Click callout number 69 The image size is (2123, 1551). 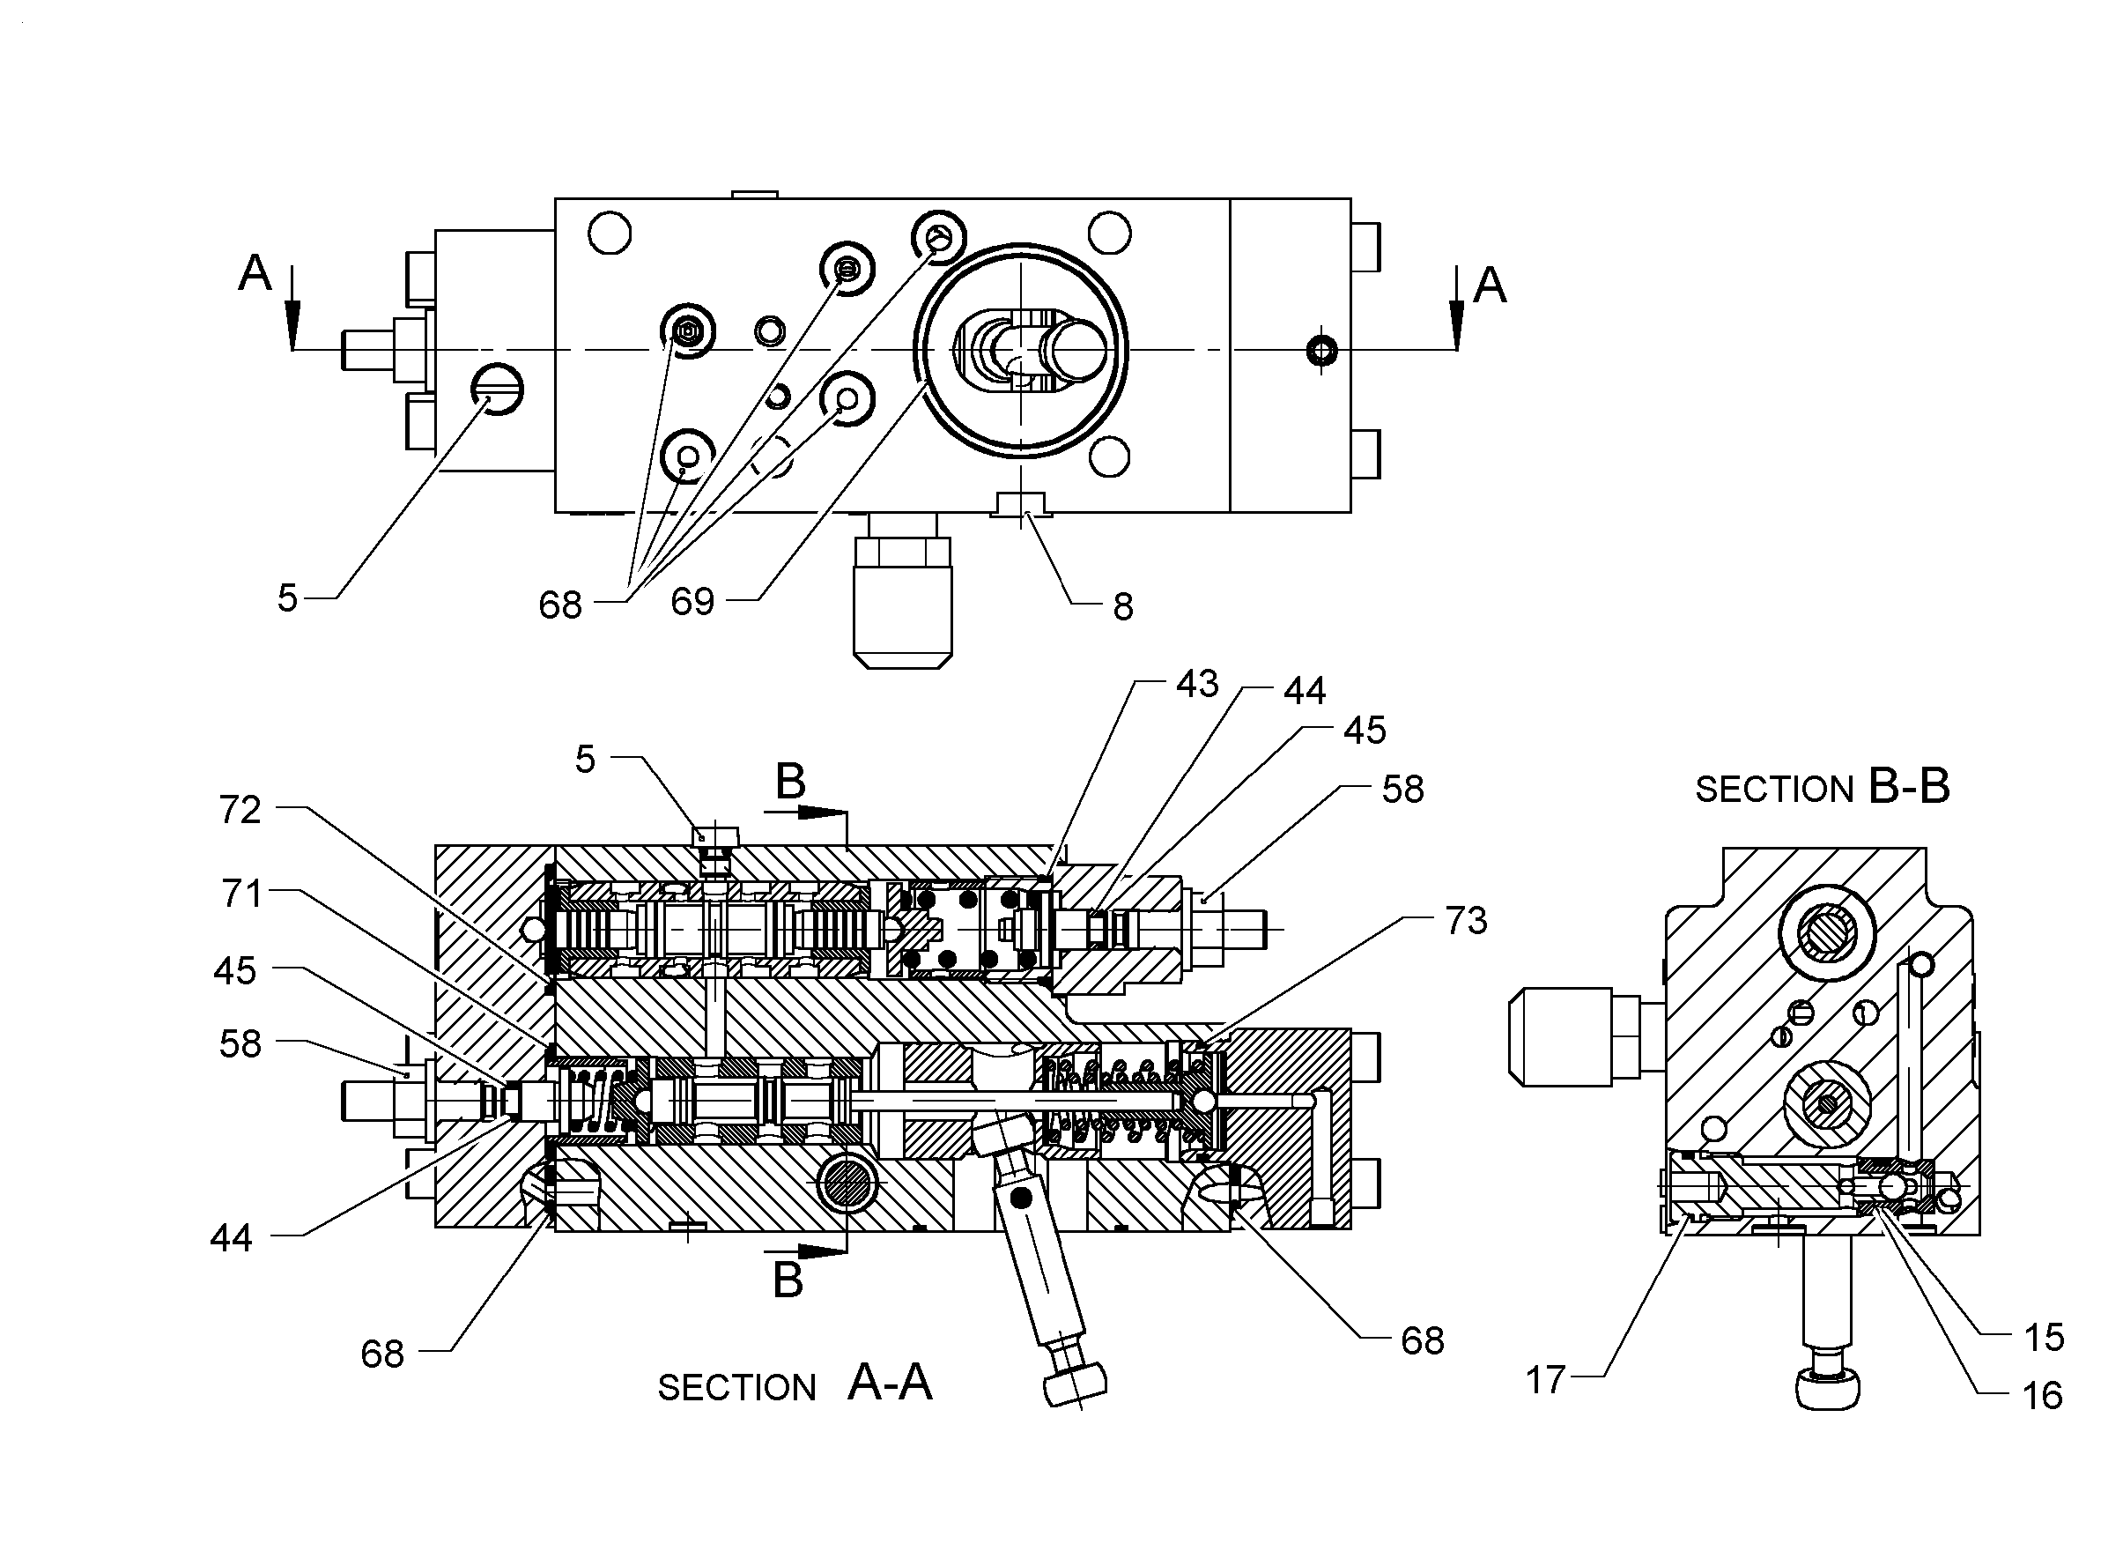tap(692, 601)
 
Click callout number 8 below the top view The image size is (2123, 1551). tap(1123, 607)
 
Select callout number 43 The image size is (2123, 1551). tap(1196, 684)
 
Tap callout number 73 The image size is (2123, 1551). tap(1466, 921)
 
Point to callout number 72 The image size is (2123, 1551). tap(240, 809)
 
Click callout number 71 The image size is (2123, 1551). tap(241, 893)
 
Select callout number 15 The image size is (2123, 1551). tap(2043, 1337)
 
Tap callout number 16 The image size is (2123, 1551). tap(2042, 1396)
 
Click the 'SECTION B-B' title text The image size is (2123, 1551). tap(1823, 787)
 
